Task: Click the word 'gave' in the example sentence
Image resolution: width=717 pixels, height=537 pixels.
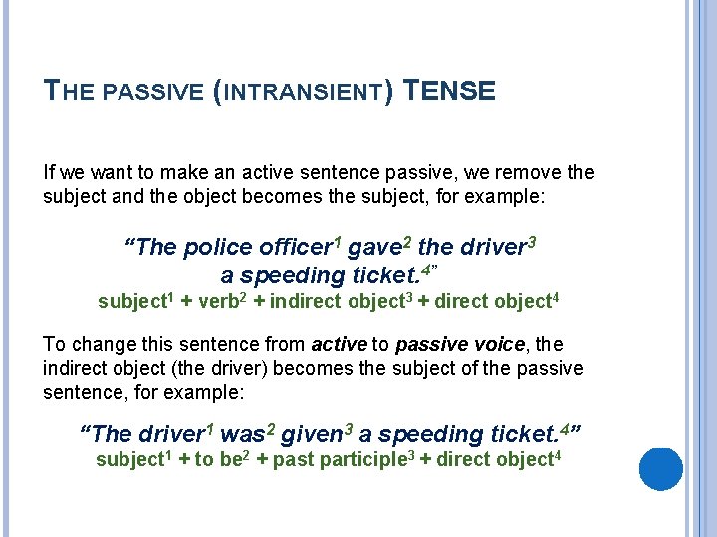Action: point(373,248)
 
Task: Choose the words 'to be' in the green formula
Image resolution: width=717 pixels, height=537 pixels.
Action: point(215,460)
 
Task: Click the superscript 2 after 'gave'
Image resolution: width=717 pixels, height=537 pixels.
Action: point(405,239)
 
